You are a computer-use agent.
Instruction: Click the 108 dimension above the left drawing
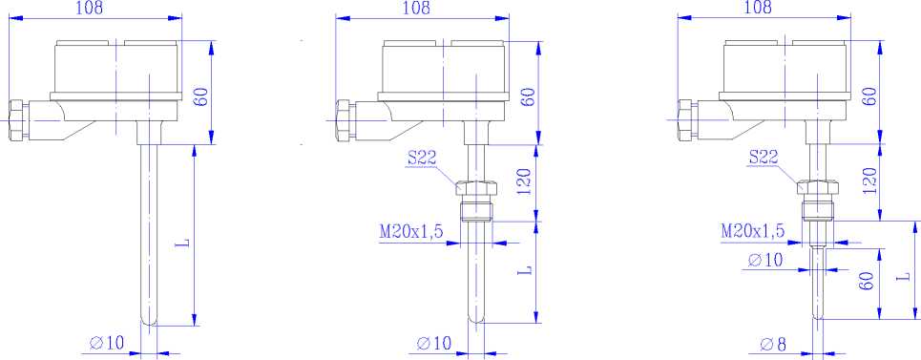coord(90,8)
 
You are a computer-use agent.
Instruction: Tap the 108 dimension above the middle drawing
coord(417,8)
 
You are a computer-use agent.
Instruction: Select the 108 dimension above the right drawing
coord(759,8)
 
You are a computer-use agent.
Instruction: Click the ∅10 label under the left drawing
coord(108,343)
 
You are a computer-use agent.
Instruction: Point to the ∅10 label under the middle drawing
coord(434,343)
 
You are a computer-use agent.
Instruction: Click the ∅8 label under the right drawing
coord(773,344)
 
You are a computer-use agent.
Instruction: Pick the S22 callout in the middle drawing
coord(422,158)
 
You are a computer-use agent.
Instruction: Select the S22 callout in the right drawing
coord(764,157)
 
